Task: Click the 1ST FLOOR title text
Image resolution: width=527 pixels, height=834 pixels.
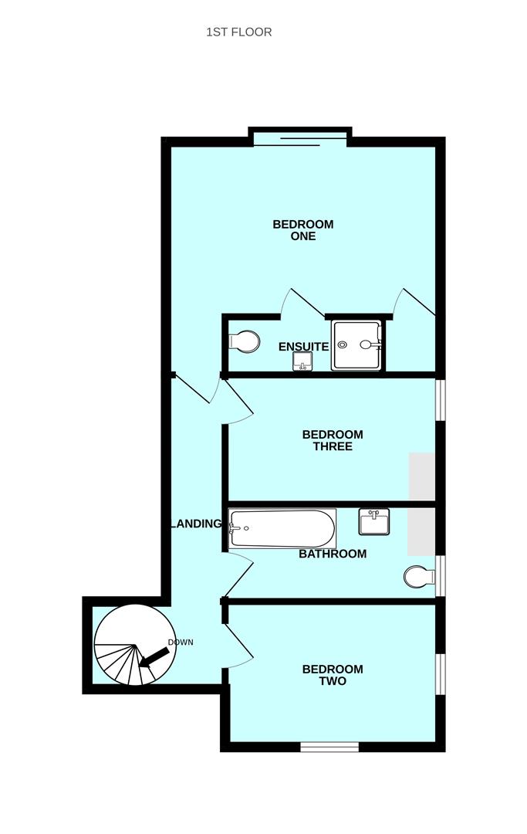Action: click(239, 32)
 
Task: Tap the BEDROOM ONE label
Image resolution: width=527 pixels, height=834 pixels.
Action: click(303, 230)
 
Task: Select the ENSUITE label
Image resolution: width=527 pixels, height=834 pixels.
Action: click(304, 347)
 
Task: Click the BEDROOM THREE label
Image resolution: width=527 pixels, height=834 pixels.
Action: click(333, 440)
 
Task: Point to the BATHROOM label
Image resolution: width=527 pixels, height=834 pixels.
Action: click(333, 554)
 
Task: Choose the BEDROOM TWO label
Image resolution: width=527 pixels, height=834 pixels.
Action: click(333, 675)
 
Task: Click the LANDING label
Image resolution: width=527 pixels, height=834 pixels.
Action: click(196, 524)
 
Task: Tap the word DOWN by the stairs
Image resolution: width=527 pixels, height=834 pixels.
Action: click(181, 642)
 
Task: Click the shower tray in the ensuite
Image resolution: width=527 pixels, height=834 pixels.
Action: click(356, 345)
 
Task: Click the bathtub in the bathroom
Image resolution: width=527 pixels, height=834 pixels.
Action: click(282, 529)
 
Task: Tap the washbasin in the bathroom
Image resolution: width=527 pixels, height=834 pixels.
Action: click(374, 522)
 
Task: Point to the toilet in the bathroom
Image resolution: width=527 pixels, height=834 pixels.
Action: click(419, 577)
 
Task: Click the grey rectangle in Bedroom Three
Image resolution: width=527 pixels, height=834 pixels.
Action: click(422, 476)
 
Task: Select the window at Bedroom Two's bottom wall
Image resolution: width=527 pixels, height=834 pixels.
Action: click(329, 747)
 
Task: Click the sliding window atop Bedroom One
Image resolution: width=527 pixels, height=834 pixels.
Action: click(301, 140)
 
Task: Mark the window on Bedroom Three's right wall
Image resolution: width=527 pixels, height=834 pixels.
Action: click(440, 400)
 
